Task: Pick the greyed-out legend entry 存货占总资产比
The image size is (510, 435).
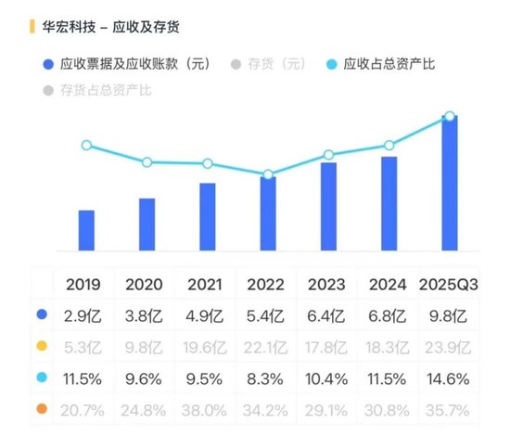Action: pyautogui.click(x=103, y=90)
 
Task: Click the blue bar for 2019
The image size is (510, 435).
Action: pyautogui.click(x=86, y=230)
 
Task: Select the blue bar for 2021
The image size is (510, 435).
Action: pyautogui.click(x=208, y=216)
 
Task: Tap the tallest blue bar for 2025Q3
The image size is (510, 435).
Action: pyautogui.click(x=450, y=184)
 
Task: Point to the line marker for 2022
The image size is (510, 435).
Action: pyautogui.click(x=268, y=174)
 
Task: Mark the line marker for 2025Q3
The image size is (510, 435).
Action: pyautogui.click(x=450, y=116)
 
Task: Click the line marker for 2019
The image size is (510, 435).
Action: pyautogui.click(x=86, y=146)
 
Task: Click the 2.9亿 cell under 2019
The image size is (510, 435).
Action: pyautogui.click(x=85, y=315)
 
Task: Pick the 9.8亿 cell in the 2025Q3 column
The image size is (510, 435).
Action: pyautogui.click(x=449, y=315)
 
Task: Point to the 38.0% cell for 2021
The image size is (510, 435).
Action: pyautogui.click(x=207, y=410)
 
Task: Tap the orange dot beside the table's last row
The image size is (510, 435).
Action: pyautogui.click(x=41, y=410)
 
